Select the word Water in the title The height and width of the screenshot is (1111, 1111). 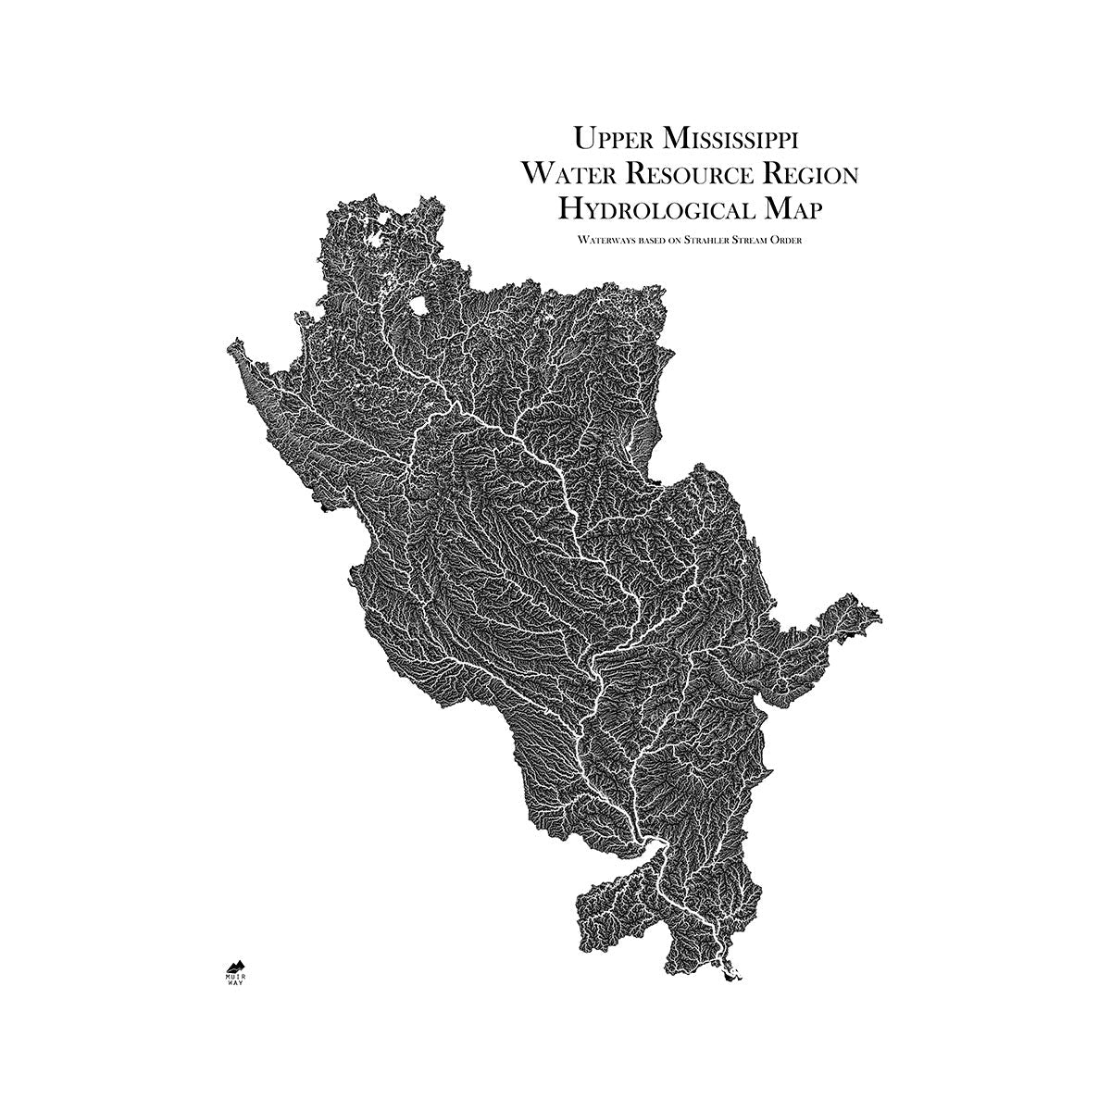tap(566, 174)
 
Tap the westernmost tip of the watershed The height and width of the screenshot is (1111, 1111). tap(228, 347)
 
